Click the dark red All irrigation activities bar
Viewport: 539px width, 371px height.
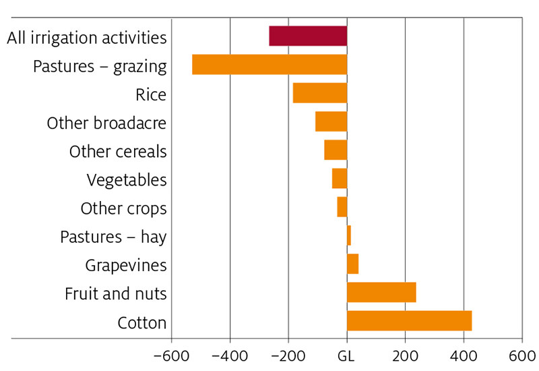pyautogui.click(x=308, y=36)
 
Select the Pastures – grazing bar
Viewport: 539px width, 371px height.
pyautogui.click(x=269, y=64)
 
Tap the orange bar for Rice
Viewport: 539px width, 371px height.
pyautogui.click(x=320, y=93)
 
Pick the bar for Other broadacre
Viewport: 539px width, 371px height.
pyautogui.click(x=331, y=121)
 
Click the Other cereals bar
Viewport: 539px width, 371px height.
pyautogui.click(x=336, y=150)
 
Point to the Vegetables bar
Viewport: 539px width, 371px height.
pyautogui.click(x=340, y=179)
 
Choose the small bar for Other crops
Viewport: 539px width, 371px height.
pyautogui.click(x=342, y=207)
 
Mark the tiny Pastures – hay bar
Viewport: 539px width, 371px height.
pyautogui.click(x=349, y=235)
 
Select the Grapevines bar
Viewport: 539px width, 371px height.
pyautogui.click(x=352, y=264)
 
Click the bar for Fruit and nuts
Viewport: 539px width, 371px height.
pyautogui.click(x=381, y=293)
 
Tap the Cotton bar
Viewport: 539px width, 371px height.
pyautogui.click(x=409, y=321)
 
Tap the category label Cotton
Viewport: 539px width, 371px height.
pyautogui.click(x=141, y=323)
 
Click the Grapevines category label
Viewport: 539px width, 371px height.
pyautogui.click(x=126, y=265)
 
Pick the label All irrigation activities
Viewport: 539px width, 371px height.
pyautogui.click(x=86, y=38)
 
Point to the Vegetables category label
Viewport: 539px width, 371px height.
pyautogui.click(x=127, y=180)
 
